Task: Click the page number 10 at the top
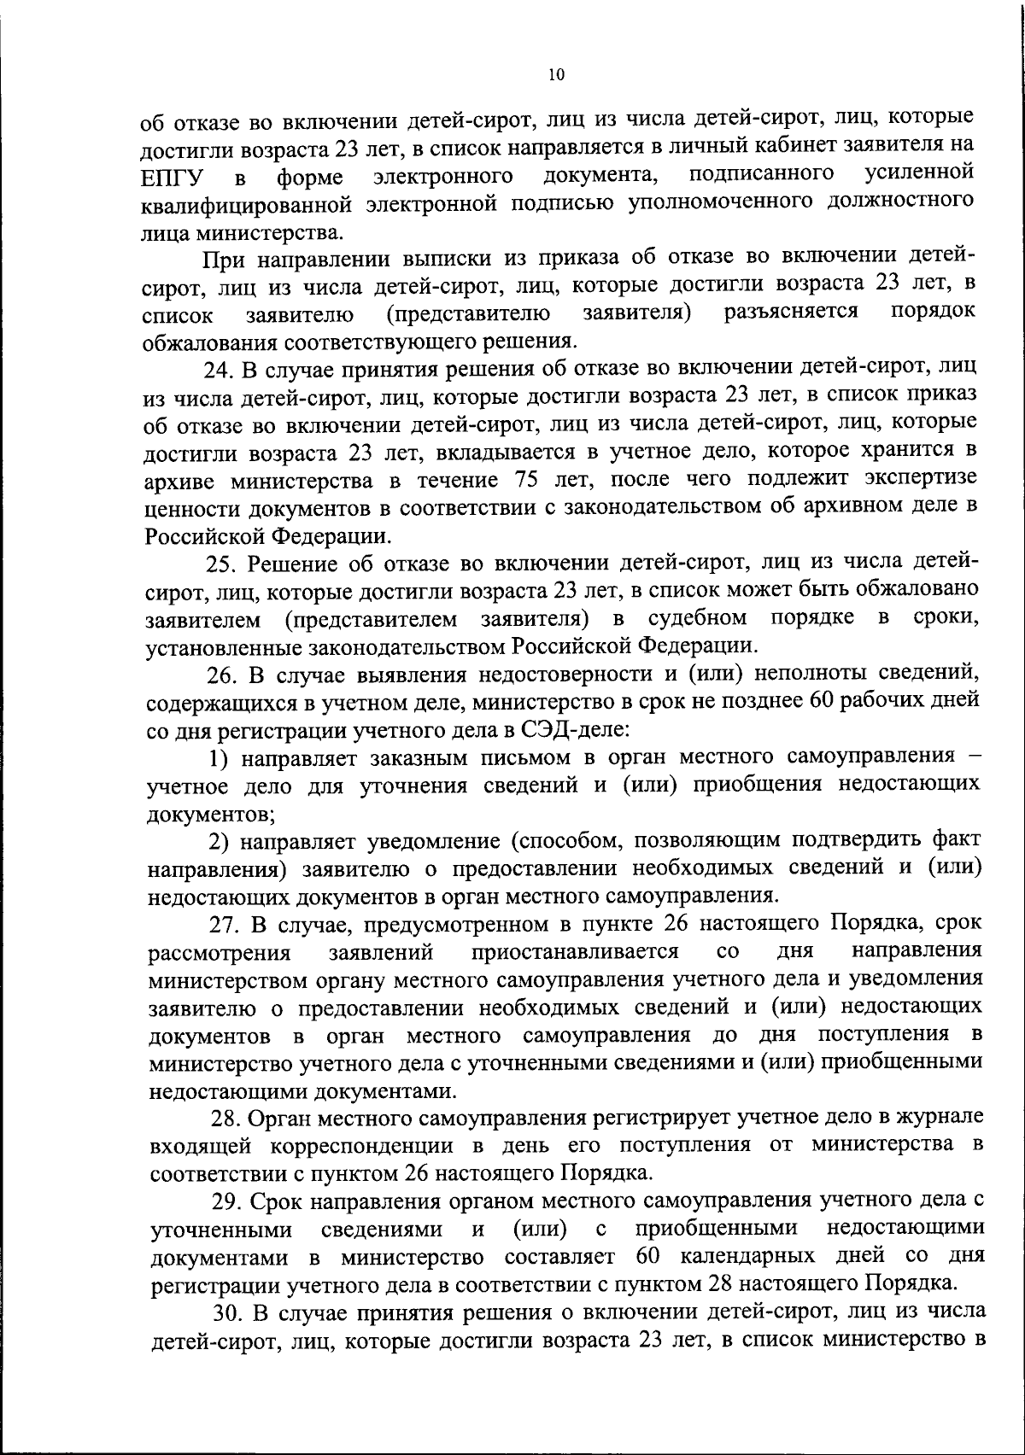(x=556, y=75)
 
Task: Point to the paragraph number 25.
(x=220, y=564)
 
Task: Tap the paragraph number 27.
(x=225, y=924)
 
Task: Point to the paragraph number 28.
(x=226, y=1118)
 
